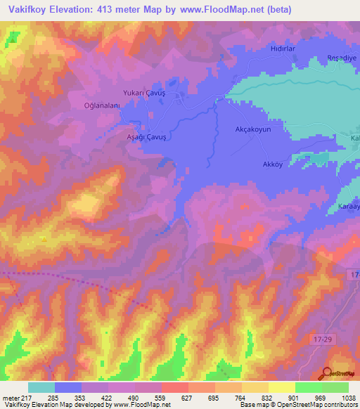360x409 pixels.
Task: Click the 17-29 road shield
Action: click(321, 339)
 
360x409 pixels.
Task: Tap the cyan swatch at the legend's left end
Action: click(41, 387)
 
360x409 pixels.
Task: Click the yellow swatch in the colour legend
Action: click(282, 387)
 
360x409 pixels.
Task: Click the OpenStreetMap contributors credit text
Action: click(319, 405)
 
